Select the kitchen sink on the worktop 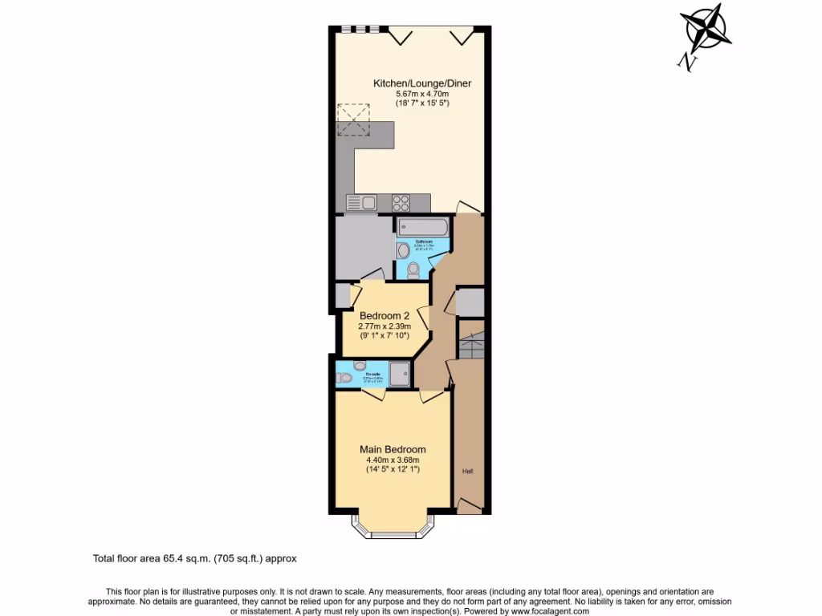coord(362,203)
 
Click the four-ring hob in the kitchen coord(401,203)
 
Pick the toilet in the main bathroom coord(413,269)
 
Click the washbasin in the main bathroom coord(403,250)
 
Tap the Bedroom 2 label coord(385,315)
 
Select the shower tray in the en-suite coord(399,372)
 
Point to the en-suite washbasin coord(359,366)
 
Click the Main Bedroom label coord(393,449)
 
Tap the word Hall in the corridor coord(467,472)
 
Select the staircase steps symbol coord(471,340)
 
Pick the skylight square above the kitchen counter coord(352,118)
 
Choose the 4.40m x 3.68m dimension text coord(393,460)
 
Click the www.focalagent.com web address coord(543,611)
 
